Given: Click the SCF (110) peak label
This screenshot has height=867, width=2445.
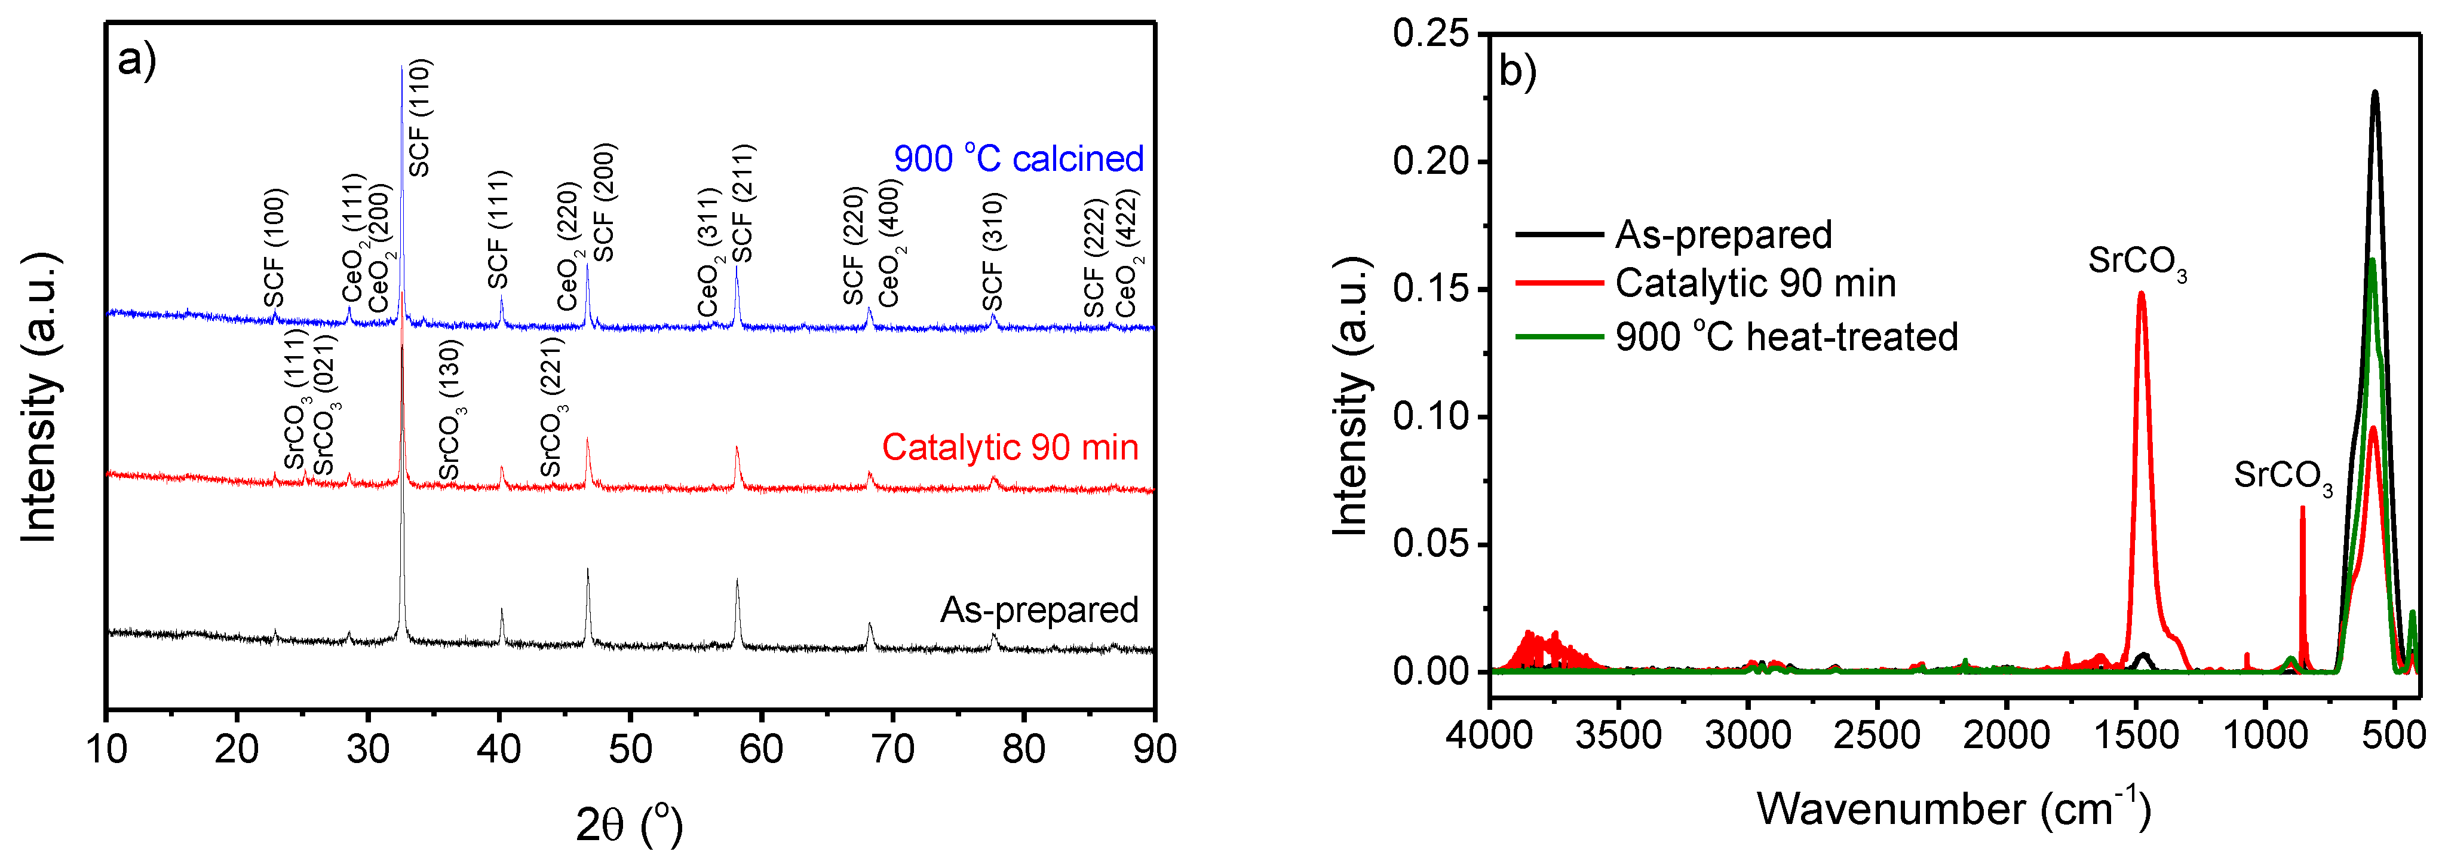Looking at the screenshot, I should tap(419, 118).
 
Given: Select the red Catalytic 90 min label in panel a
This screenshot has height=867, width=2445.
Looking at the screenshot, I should tap(1010, 448).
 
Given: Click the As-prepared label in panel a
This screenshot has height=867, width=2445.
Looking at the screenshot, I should tap(1039, 609).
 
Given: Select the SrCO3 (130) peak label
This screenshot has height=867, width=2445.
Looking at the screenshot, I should tap(449, 410).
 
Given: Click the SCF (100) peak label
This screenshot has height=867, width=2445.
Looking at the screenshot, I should tap(274, 249).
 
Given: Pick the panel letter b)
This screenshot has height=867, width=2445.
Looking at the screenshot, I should tap(1517, 71).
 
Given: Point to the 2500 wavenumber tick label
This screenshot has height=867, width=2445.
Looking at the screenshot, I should tap(1878, 735).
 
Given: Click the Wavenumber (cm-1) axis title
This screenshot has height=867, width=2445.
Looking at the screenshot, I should tap(1952, 809).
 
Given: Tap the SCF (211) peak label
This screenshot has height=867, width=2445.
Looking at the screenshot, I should tap(743, 203).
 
